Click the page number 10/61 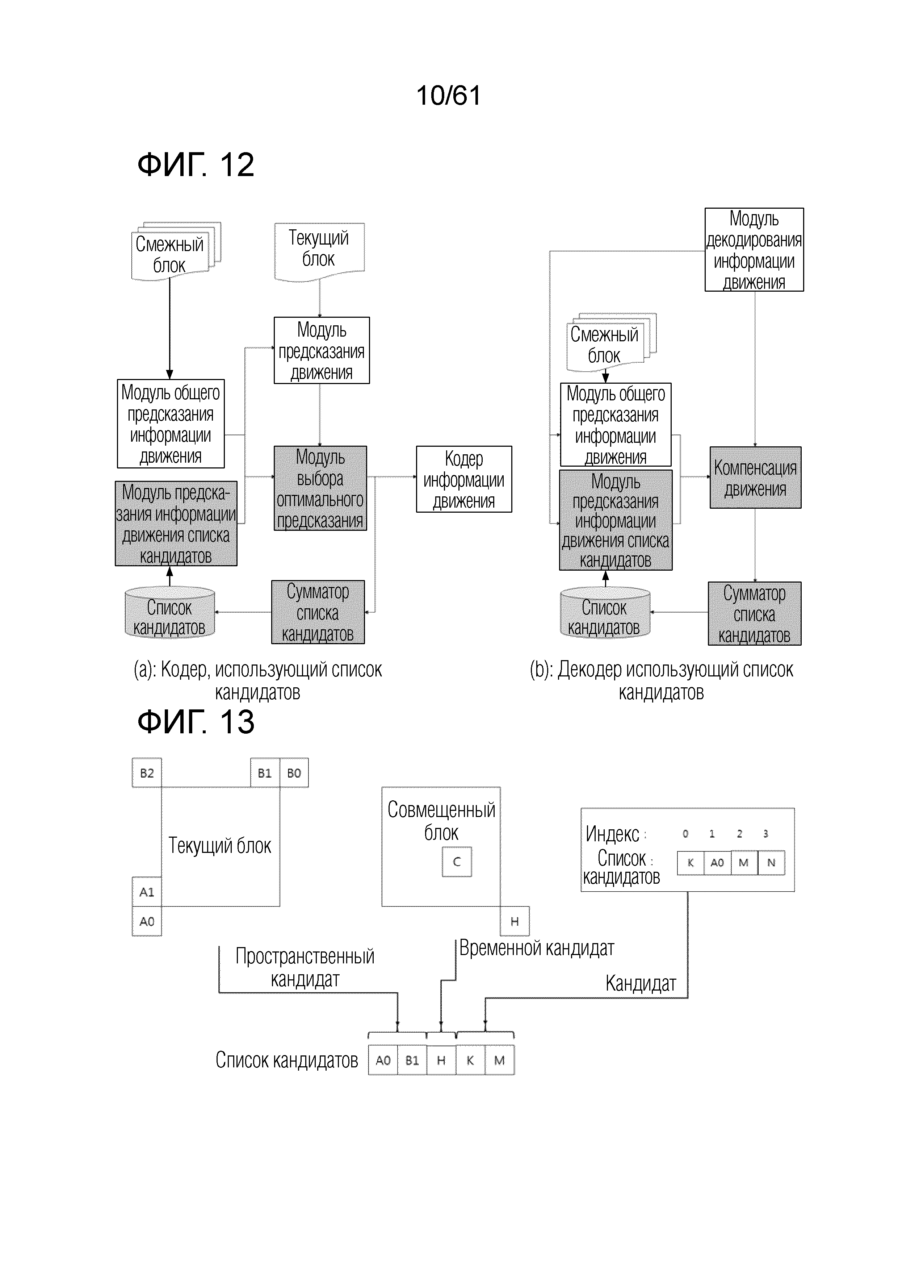click(x=448, y=95)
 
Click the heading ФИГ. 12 click(x=196, y=164)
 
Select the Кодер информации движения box click(x=463, y=479)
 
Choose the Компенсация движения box click(x=755, y=478)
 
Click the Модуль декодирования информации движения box click(x=754, y=250)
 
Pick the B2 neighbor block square click(x=147, y=773)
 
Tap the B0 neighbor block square click(x=294, y=773)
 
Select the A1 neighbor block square click(x=147, y=892)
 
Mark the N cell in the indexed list click(x=771, y=862)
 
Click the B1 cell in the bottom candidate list click(x=412, y=1060)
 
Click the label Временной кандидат click(x=537, y=948)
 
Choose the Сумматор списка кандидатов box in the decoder click(x=755, y=614)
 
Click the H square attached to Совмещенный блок click(x=515, y=921)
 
